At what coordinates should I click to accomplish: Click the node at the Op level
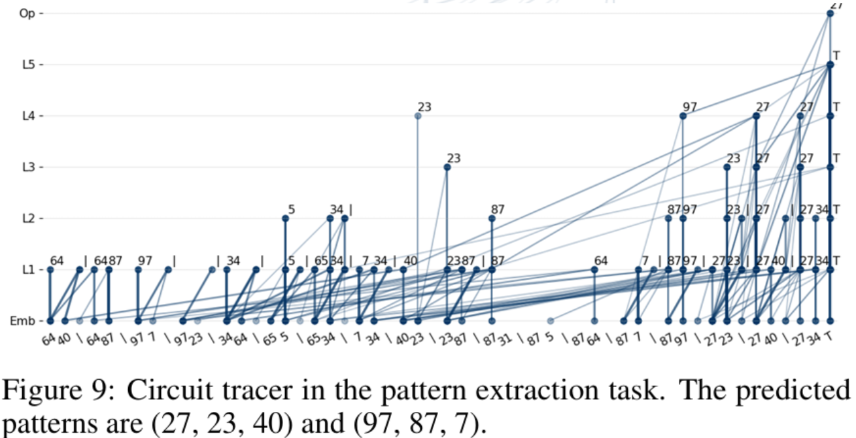pos(830,13)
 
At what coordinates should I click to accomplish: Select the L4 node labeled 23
pos(418,116)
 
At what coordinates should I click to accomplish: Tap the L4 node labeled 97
pos(683,116)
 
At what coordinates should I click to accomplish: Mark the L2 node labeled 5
pos(285,218)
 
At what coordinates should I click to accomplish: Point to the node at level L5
pos(830,65)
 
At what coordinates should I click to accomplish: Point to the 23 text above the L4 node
pos(425,107)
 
